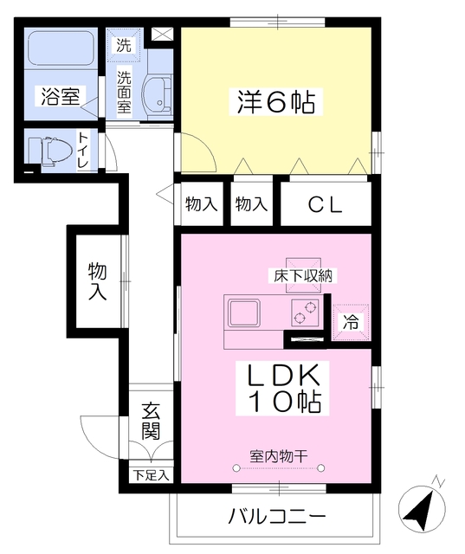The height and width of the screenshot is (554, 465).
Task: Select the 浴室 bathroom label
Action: [x=57, y=97]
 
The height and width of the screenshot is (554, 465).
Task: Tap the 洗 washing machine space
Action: [x=125, y=46]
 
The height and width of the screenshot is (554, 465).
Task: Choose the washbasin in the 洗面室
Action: [x=158, y=94]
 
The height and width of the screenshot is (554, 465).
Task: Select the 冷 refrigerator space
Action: [x=351, y=322]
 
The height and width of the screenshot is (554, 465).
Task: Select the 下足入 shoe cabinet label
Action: [x=152, y=474]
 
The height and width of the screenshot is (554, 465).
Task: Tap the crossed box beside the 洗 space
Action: [x=161, y=35]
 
